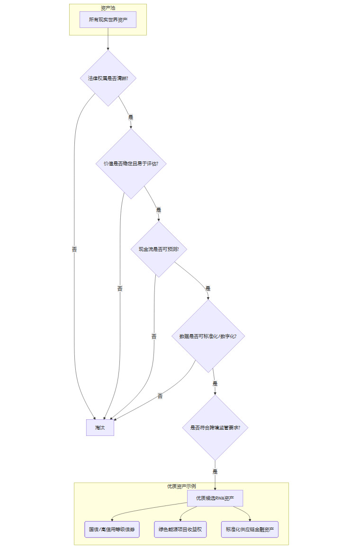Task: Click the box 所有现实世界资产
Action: coord(108,20)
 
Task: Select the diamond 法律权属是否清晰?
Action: coord(108,78)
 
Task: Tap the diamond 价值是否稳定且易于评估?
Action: coord(131,164)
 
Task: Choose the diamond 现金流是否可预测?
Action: coord(158,249)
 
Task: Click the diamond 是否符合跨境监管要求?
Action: coord(215,427)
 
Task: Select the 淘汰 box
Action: coord(100,427)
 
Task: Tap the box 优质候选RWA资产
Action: coord(215,498)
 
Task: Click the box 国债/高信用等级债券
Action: coord(112,529)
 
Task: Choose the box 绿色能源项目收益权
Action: coord(180,529)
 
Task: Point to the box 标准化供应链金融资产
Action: coord(250,529)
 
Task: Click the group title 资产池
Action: coord(108,8)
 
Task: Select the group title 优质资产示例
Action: coord(181,486)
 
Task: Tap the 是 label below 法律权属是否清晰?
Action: coord(131,116)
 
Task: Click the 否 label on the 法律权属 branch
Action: coord(74,249)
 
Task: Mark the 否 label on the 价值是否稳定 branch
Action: coord(120,288)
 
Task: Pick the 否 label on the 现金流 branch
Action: coord(154,336)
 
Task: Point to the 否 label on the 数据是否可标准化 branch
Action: coord(160,396)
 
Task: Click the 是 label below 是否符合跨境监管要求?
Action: coord(215,471)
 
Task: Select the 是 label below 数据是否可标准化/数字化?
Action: coord(215,383)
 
